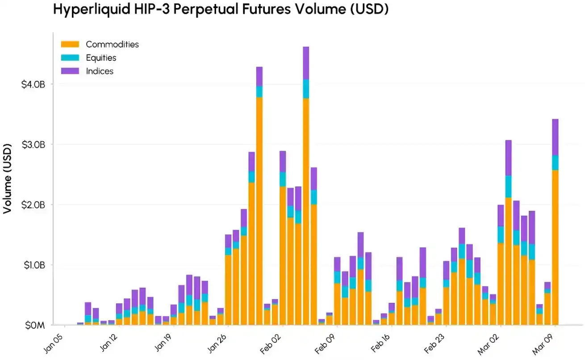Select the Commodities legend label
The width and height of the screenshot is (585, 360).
pyautogui.click(x=112, y=44)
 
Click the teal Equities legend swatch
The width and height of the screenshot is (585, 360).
pyautogui.click(x=70, y=58)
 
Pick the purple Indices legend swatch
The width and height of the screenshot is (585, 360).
pyautogui.click(x=70, y=71)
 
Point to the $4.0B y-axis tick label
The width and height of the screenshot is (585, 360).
pyautogui.click(x=33, y=84)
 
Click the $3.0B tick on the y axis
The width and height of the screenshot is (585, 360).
pyautogui.click(x=33, y=145)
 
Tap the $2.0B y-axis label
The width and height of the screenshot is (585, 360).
pyautogui.click(x=33, y=205)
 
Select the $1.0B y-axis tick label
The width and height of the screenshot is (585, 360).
pyautogui.click(x=33, y=265)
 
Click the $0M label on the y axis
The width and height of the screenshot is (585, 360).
pyautogui.click(x=35, y=325)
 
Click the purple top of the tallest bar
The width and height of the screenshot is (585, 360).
pyautogui.click(x=306, y=63)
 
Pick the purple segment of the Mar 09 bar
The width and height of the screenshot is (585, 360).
pyautogui.click(x=556, y=137)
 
